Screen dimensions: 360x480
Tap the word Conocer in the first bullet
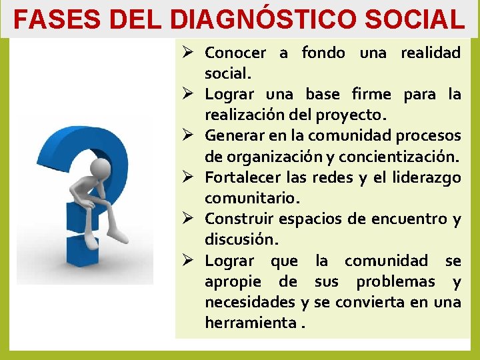coord(235,53)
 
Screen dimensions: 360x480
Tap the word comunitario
coord(252,199)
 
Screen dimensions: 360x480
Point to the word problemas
coord(397,281)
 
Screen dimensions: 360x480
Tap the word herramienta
coord(251,323)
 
